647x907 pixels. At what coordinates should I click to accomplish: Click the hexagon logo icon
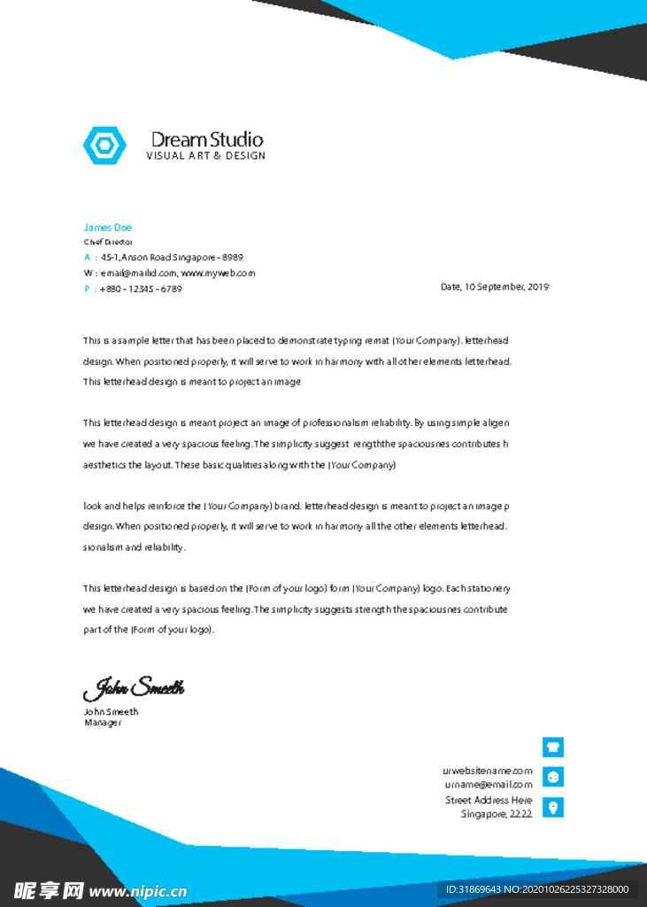[x=104, y=145]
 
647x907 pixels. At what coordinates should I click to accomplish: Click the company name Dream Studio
[x=207, y=139]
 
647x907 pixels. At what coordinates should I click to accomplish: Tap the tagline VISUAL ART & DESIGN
[x=205, y=156]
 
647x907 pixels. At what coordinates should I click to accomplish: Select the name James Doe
[x=107, y=228]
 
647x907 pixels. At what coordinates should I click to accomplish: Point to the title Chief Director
[x=108, y=242]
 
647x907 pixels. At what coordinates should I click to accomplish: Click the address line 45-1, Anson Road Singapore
[x=172, y=257]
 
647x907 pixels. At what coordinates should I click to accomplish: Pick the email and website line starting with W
[x=169, y=273]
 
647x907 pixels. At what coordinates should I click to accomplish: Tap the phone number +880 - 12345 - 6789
[x=141, y=289]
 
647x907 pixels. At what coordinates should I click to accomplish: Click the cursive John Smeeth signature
[x=134, y=687]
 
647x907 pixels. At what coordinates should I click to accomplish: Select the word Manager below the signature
[x=103, y=723]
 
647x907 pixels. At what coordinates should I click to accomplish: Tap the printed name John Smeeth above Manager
[x=111, y=711]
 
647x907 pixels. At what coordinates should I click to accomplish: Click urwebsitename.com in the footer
[x=488, y=771]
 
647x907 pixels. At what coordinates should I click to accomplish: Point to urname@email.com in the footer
[x=489, y=785]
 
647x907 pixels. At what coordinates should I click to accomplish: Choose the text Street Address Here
[x=489, y=800]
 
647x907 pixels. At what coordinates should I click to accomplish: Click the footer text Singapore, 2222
[x=497, y=814]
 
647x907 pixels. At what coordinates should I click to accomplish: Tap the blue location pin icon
[x=553, y=807]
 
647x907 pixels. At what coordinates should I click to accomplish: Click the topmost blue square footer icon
[x=553, y=747]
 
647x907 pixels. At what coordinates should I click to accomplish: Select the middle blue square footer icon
[x=553, y=777]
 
